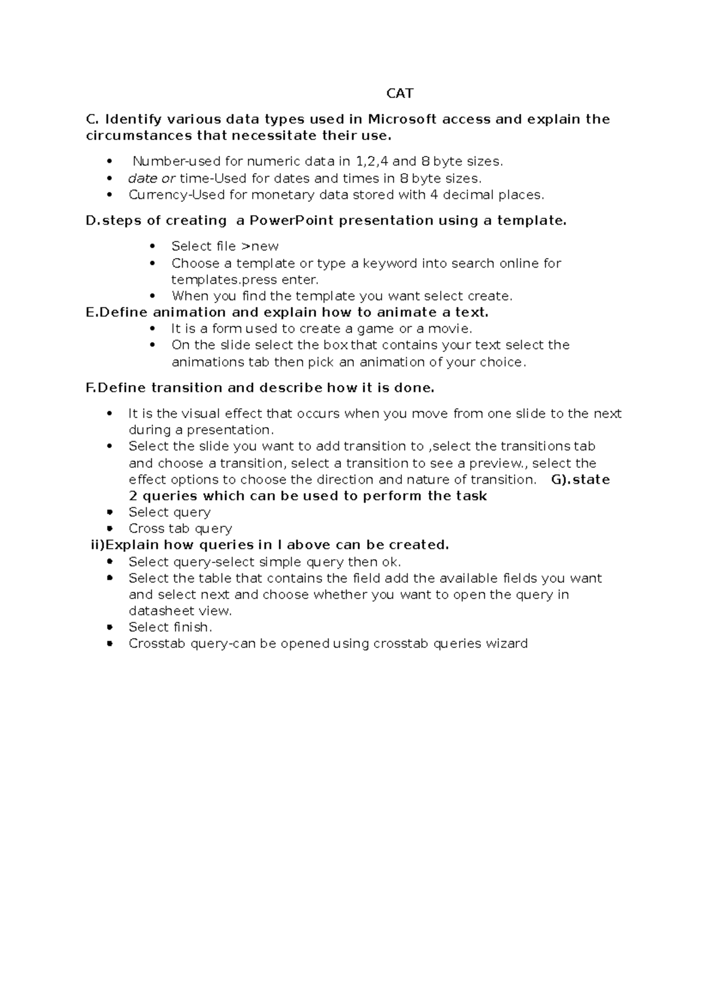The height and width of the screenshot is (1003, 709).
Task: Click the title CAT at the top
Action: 399,93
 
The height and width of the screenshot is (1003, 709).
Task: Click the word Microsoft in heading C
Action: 402,119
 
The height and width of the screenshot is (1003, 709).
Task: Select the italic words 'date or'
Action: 152,178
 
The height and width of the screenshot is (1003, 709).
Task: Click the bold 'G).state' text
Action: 580,480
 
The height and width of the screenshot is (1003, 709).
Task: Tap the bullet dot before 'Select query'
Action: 109,512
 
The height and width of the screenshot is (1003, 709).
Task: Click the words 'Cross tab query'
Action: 180,529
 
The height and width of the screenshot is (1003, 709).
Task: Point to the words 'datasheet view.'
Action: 181,611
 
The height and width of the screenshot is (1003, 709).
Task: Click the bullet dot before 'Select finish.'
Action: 109,627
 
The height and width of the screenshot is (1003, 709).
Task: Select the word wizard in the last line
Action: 506,643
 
